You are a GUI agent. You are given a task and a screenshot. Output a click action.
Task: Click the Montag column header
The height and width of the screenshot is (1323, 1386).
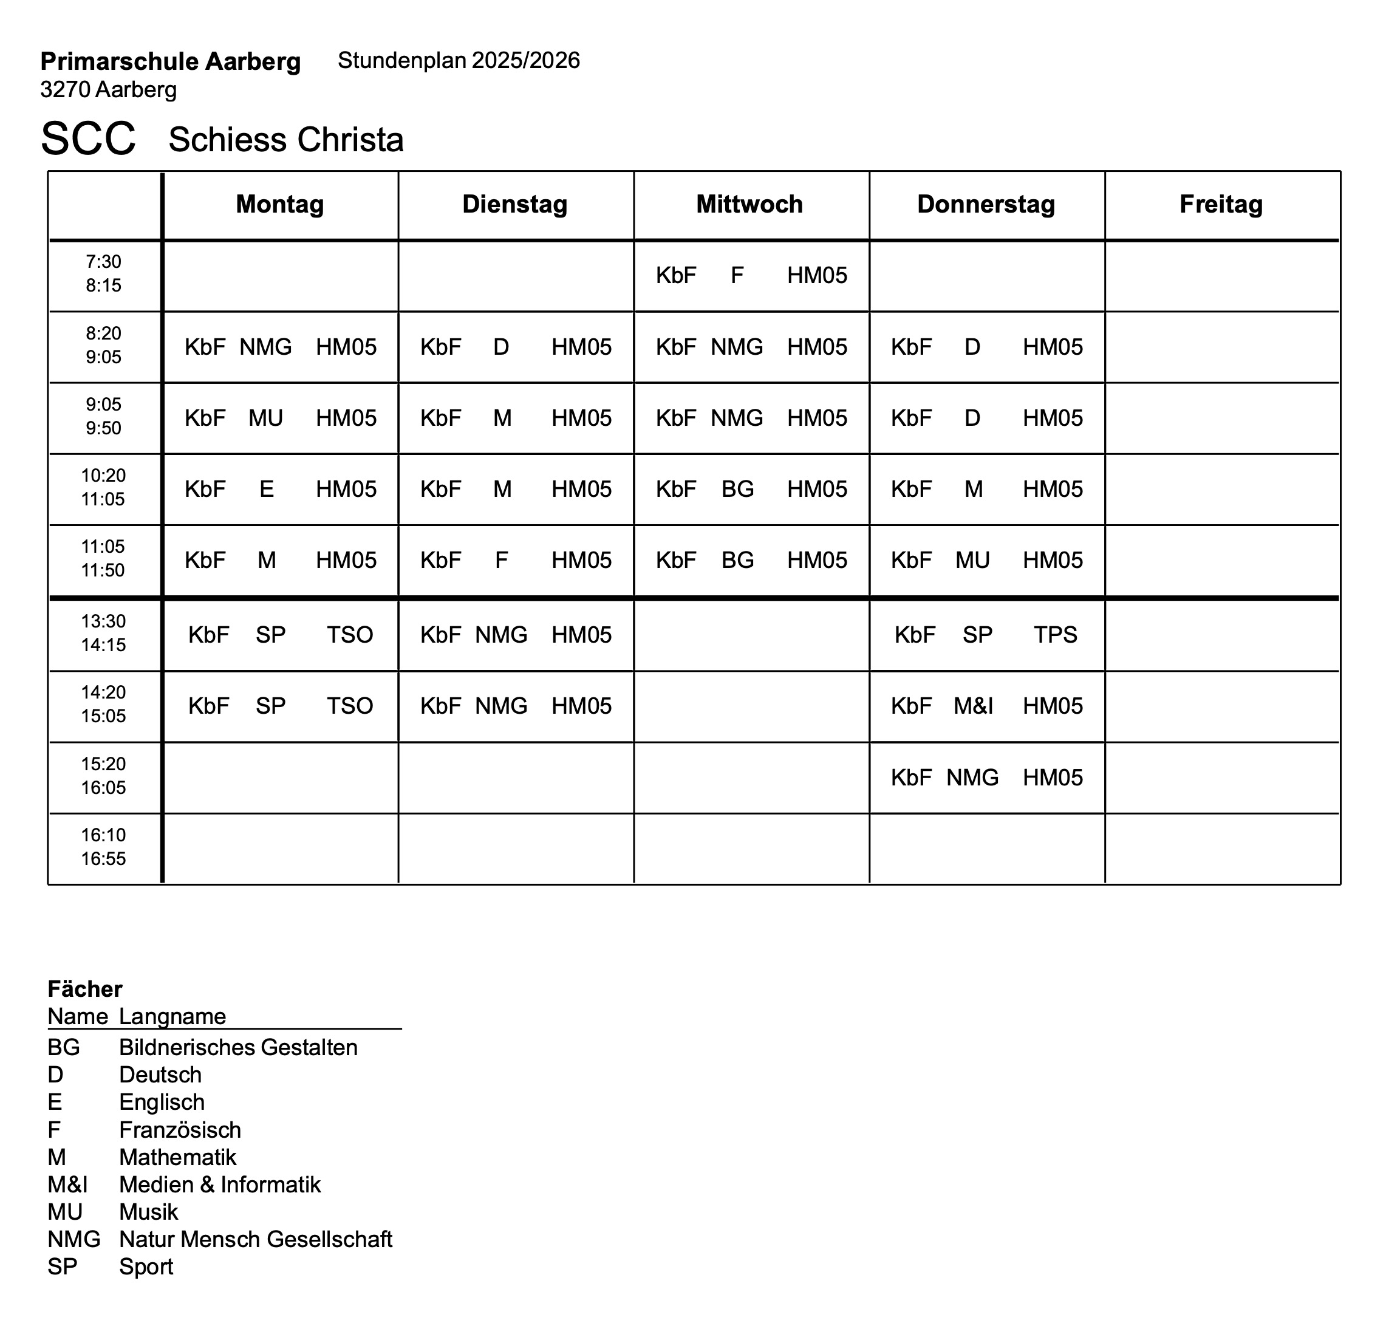[280, 205]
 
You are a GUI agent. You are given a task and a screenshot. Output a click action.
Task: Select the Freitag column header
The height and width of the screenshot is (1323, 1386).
[1221, 205]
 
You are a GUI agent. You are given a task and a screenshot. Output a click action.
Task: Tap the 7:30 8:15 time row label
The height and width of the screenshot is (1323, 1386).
[104, 273]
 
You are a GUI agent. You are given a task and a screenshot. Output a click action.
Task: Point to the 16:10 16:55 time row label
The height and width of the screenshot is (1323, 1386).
[104, 847]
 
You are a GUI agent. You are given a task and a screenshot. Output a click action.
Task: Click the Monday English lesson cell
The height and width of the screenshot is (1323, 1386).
[280, 489]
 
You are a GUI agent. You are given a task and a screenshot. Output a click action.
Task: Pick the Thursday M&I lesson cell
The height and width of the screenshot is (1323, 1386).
[986, 706]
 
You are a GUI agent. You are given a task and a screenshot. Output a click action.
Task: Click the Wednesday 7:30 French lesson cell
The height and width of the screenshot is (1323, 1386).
[751, 275]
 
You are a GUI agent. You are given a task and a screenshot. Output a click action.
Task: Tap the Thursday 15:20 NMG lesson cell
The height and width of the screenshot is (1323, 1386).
[986, 777]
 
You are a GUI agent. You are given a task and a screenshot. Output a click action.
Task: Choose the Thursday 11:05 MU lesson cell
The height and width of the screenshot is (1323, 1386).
[986, 560]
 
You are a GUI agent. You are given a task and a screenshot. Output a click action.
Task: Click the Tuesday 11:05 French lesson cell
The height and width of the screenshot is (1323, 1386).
[515, 560]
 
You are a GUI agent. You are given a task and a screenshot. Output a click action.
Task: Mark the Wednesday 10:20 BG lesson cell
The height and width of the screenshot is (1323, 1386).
[751, 489]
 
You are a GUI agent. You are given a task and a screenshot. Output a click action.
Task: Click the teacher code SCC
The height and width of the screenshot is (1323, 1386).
[88, 139]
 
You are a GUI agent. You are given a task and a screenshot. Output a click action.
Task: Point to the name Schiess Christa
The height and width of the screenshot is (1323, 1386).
[285, 140]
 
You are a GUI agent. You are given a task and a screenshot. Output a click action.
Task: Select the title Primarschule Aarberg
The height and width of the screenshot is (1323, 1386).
[171, 61]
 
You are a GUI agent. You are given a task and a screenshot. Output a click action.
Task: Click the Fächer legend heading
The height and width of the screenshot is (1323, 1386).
[84, 989]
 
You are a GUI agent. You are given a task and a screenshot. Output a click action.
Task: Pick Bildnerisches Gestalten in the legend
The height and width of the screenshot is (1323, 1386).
[237, 1047]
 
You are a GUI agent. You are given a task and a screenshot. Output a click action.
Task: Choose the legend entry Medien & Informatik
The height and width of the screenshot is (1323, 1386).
[219, 1184]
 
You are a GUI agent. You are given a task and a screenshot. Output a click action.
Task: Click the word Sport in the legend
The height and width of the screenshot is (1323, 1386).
[146, 1267]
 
